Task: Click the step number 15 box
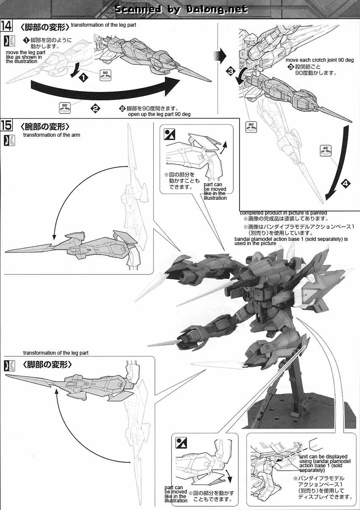pyautogui.click(x=6, y=126)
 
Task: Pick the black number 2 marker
pyautogui.click(x=95, y=109)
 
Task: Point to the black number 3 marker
pyautogui.click(x=230, y=72)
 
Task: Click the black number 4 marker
pyautogui.click(x=346, y=184)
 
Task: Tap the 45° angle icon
pyautogui.click(x=326, y=151)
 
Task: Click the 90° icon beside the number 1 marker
pyautogui.click(x=105, y=75)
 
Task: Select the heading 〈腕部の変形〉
pyautogui.click(x=44, y=126)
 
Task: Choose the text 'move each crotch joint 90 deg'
pyautogui.click(x=319, y=60)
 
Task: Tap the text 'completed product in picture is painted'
pyautogui.click(x=283, y=212)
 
